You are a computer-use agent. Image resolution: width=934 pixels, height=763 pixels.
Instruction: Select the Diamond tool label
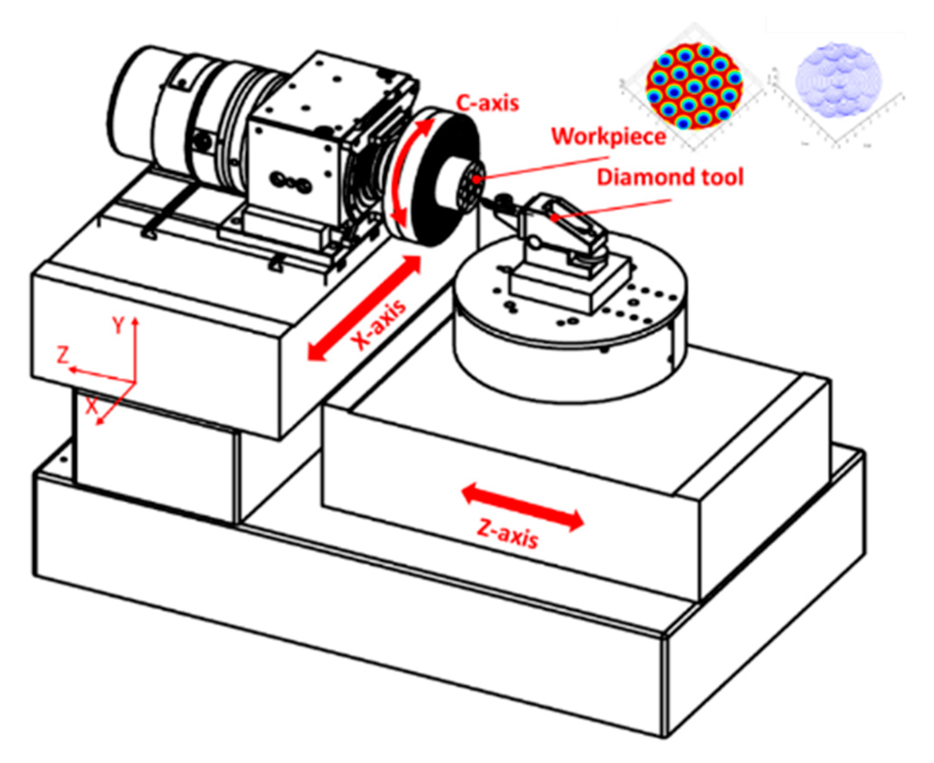[x=670, y=177]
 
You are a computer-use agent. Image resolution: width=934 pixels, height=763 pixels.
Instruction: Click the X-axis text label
[x=379, y=325]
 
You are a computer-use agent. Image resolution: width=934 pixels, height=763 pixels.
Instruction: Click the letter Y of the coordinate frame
[x=119, y=325]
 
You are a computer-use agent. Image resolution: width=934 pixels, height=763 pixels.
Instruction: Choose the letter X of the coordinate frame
[x=92, y=406]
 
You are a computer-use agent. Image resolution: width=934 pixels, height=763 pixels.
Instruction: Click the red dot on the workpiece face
[x=476, y=180]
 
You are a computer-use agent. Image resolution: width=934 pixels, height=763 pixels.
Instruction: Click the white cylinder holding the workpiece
[x=453, y=185]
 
